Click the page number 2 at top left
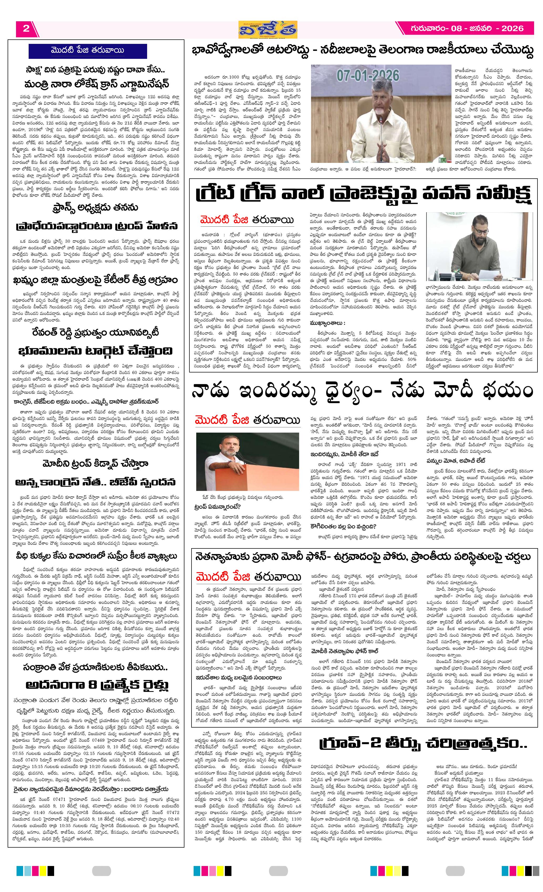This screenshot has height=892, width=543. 26,29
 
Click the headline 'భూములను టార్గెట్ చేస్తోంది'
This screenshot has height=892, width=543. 96,351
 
